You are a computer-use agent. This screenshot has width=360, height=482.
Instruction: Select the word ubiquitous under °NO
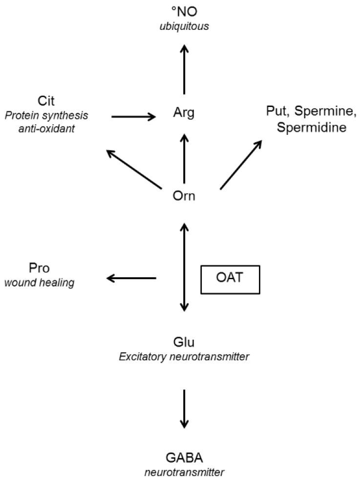[184, 26]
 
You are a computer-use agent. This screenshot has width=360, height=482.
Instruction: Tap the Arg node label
[184, 114]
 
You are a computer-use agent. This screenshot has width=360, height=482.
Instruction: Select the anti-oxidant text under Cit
[47, 129]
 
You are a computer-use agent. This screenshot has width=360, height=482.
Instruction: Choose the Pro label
[40, 268]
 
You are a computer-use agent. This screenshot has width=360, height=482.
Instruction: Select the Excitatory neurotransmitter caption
[184, 356]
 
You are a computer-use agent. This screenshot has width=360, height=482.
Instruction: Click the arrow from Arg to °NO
[184, 68]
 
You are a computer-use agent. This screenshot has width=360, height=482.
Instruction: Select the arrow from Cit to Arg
[133, 116]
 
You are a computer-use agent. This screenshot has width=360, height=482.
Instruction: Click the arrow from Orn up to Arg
[184, 157]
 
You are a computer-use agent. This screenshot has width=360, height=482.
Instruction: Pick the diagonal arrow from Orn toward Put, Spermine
[241, 164]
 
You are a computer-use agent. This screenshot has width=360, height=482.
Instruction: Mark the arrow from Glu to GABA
[184, 408]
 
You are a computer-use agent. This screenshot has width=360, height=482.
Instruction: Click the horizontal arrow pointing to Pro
[131, 278]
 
